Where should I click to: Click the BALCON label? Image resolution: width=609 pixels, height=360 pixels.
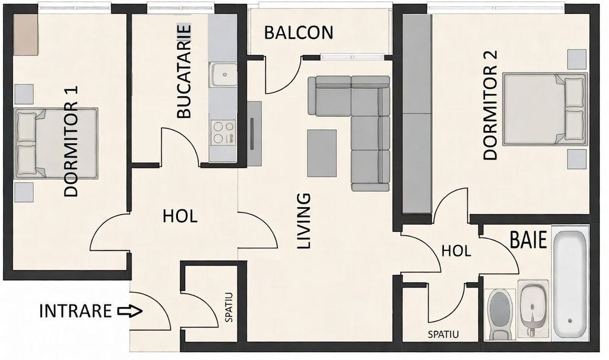point(298,33)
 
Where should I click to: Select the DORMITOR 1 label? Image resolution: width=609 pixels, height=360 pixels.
point(72,141)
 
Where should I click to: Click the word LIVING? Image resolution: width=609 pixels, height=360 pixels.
point(303,222)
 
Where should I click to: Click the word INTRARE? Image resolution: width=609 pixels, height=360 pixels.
point(76,311)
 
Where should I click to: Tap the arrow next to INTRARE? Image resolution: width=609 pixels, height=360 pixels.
point(130,311)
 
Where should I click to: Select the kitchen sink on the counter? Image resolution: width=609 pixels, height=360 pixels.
point(224,76)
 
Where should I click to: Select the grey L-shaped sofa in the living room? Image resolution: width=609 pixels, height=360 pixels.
point(359,122)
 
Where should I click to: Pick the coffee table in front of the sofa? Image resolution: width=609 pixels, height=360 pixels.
point(322,153)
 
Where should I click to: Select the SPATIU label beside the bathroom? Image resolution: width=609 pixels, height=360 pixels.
point(443,334)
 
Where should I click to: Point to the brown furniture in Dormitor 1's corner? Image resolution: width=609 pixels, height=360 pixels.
point(26,34)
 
